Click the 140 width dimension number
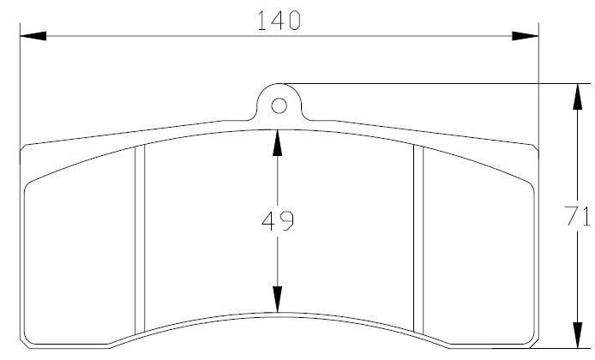tap(279, 21)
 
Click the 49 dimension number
tap(278, 221)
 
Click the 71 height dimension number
tap(577, 216)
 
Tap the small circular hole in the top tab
tap(279, 105)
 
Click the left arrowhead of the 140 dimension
tap(33, 36)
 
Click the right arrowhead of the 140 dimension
tap(526, 36)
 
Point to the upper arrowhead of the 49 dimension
tap(278, 143)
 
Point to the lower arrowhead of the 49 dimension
tap(278, 299)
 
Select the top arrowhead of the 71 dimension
tap(578, 97)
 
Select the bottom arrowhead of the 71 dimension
tap(578, 335)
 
